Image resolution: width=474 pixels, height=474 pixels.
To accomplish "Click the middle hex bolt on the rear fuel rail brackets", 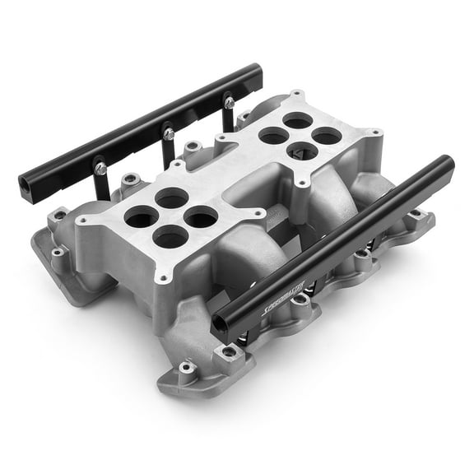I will pos(168,132).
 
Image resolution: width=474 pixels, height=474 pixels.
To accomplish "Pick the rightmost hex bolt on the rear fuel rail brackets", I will pos(229,103).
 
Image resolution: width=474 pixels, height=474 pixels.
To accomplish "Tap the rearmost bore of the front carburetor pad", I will pos(172,197).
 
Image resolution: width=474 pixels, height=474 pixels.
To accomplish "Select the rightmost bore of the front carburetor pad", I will pos(202,216).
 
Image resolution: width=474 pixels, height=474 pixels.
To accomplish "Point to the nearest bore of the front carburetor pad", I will pos(171,238).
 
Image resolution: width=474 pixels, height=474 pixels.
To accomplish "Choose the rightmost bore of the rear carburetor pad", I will pos(327,136).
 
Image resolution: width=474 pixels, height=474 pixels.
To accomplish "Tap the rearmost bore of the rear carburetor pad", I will pos(297,121).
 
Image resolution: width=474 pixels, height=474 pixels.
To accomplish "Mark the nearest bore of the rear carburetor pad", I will pos(301,151).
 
